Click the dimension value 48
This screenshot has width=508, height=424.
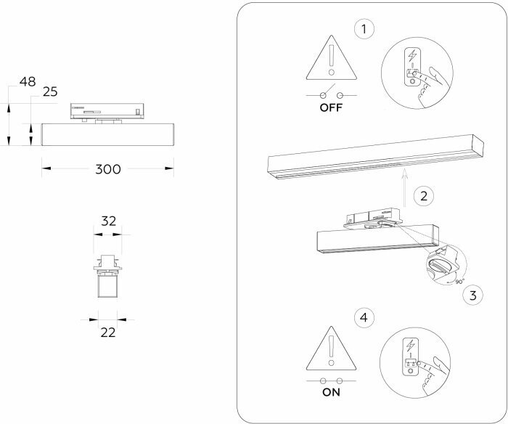click(28, 82)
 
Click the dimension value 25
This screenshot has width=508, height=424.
click(50, 91)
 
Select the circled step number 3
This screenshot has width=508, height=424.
click(472, 295)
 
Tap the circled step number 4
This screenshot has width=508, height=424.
click(363, 316)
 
